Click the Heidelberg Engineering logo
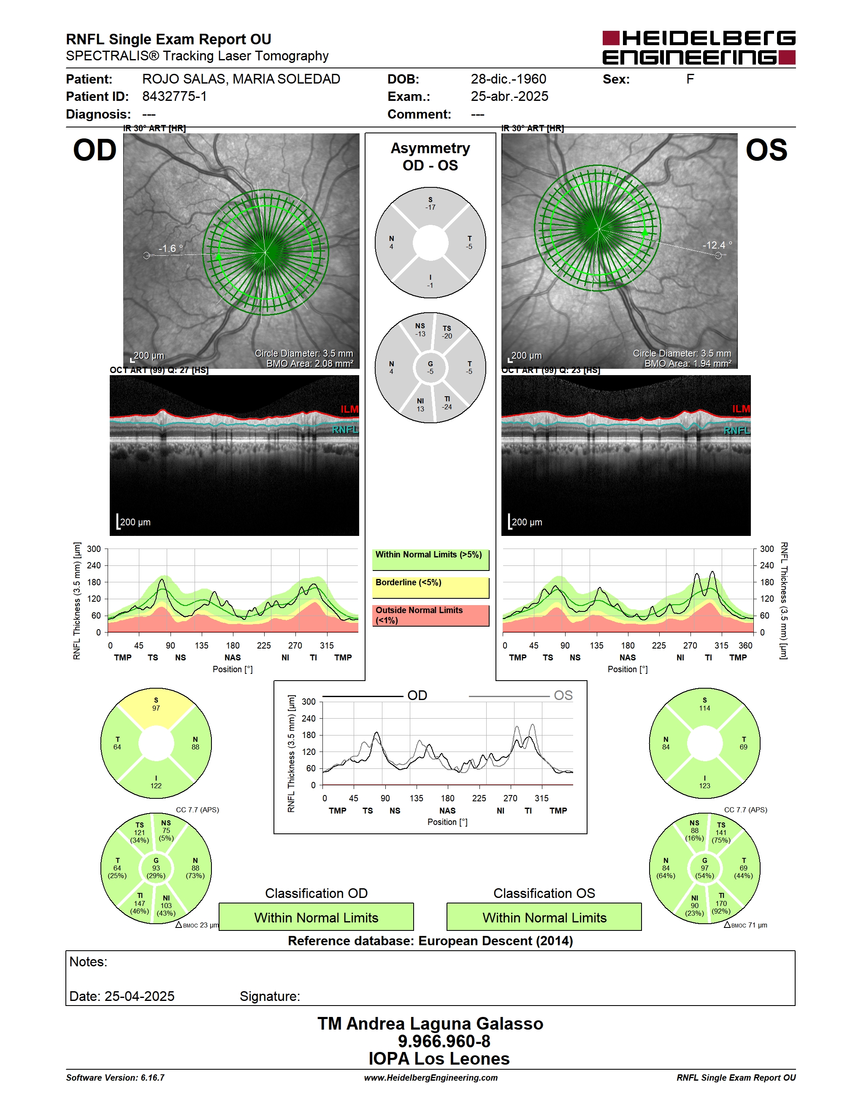coord(699,47)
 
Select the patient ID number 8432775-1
coord(174,96)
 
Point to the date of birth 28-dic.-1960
coord(508,79)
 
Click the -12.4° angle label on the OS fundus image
coord(717,245)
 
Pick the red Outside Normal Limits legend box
coord(430,615)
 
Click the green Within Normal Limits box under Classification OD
coord(316,917)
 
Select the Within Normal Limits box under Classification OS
coord(544,917)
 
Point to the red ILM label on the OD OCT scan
coord(349,409)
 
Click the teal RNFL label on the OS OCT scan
coord(737,430)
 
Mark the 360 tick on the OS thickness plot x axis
coord(745,645)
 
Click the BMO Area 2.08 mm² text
coord(310,364)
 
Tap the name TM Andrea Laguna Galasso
coord(430,1024)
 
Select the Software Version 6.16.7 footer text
coord(115,1078)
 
